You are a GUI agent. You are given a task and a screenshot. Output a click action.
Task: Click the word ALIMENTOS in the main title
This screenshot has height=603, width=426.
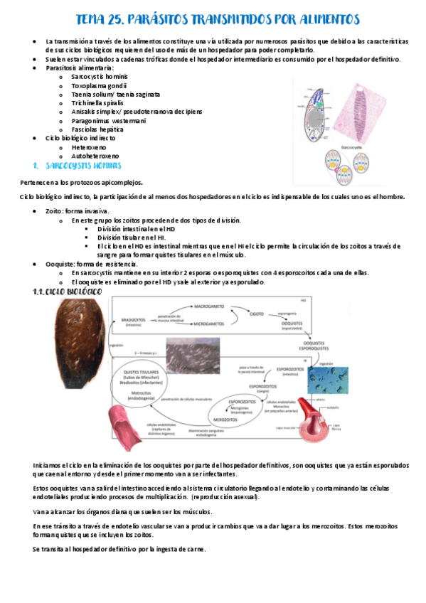[x=321, y=18]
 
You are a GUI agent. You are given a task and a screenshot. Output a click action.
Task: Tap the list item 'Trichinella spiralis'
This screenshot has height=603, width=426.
[x=97, y=103]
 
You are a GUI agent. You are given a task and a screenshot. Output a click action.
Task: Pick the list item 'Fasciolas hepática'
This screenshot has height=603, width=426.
[x=97, y=129]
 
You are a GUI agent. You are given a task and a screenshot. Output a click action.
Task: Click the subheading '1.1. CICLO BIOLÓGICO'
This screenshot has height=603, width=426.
[x=68, y=292]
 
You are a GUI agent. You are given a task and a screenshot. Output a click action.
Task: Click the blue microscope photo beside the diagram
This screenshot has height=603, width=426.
[x=328, y=380]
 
